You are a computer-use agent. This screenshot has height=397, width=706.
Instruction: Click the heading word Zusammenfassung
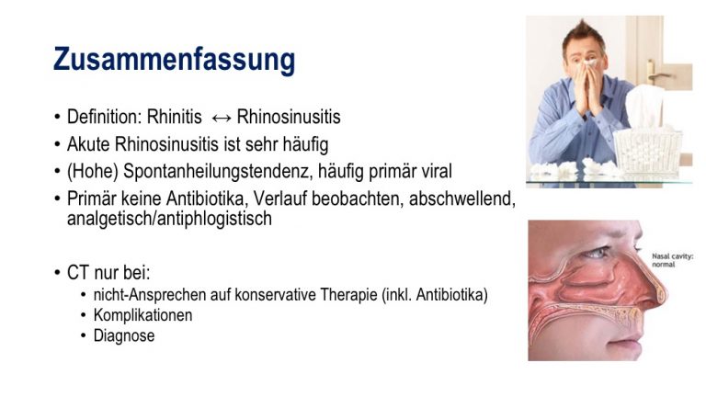[x=175, y=60]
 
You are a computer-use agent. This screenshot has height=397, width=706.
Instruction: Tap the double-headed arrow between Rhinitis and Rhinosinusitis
[x=221, y=118]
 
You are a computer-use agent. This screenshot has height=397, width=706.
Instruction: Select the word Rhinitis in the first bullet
[x=175, y=117]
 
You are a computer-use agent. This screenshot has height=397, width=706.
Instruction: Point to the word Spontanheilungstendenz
[x=218, y=172]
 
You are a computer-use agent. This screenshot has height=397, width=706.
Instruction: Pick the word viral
[x=437, y=171]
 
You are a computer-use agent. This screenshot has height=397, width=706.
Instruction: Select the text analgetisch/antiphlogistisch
[x=169, y=219]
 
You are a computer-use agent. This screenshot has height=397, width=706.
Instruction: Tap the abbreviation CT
[x=78, y=273]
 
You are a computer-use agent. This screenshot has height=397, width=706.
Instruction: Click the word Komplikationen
[x=142, y=315]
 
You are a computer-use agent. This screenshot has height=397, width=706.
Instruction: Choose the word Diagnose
[x=124, y=335]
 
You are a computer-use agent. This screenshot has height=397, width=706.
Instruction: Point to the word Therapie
[x=349, y=295]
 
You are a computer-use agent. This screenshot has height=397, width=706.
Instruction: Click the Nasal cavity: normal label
[x=673, y=260]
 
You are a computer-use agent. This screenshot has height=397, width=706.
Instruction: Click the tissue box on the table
[x=647, y=143]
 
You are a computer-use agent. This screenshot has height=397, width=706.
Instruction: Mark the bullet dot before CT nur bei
[x=57, y=273]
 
